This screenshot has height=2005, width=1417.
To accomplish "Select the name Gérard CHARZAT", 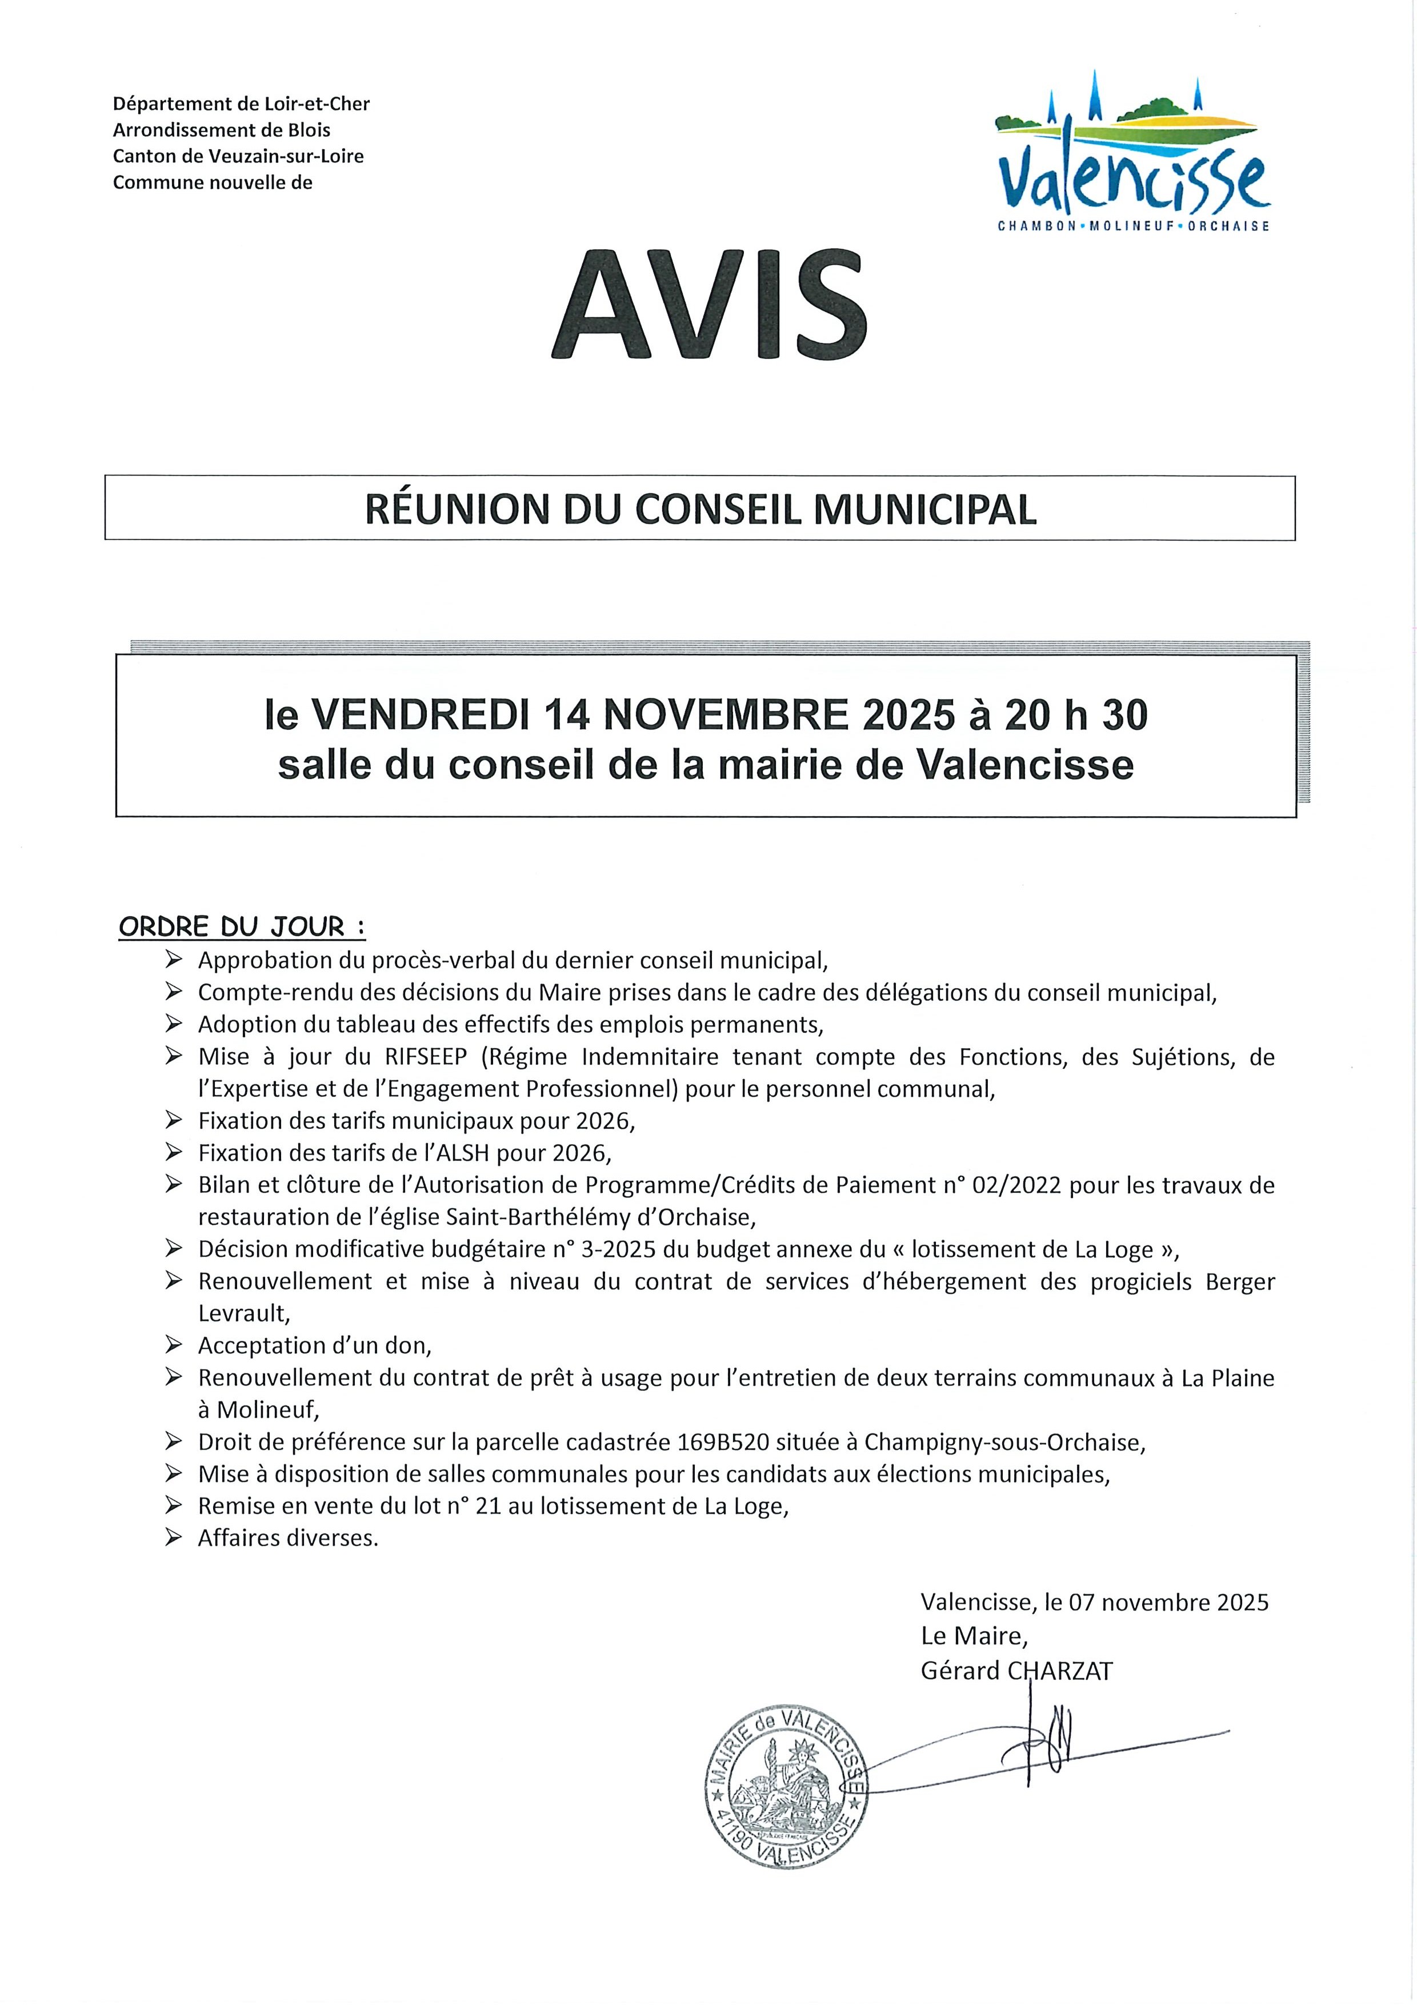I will point(1016,1671).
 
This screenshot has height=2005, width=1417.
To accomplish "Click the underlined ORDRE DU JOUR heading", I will point(241,926).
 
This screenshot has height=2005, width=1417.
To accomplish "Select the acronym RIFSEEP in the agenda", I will point(426,1057).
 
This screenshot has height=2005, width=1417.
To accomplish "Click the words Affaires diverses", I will point(288,1538).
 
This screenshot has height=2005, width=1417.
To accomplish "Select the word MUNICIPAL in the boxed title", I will point(926,510).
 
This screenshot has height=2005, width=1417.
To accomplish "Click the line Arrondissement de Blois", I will point(222,130).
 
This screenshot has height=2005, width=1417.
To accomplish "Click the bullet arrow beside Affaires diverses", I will point(173,1538).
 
